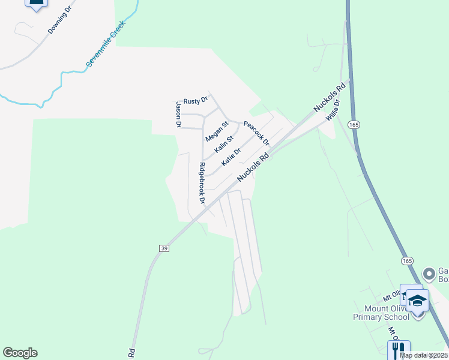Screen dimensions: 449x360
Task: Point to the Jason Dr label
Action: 178,115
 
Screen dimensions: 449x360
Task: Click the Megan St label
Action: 217,131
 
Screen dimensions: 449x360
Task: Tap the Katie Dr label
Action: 231,157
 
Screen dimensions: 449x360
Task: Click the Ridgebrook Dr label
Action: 202,184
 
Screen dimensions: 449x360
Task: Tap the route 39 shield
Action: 163,248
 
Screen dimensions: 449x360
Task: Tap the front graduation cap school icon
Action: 418,300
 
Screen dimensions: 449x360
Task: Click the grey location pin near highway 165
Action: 429,274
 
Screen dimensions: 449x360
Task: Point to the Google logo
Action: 20,353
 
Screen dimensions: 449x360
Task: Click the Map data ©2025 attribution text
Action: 424,355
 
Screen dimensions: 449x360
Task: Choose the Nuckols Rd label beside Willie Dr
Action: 330,97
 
